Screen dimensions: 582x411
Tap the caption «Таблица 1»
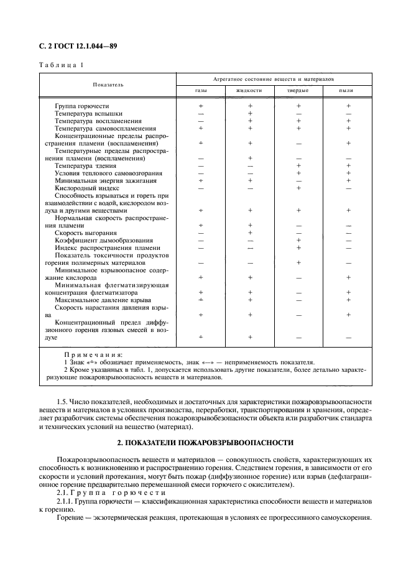tap(62, 65)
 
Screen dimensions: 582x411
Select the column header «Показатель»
tap(108, 84)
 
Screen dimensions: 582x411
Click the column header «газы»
tap(201, 90)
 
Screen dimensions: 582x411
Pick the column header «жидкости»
tap(249, 90)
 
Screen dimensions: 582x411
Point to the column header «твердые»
tap(298, 90)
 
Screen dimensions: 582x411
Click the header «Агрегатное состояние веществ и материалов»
tap(274, 80)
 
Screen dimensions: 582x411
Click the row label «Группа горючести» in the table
tap(81, 106)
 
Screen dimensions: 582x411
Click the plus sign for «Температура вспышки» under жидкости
tap(249, 114)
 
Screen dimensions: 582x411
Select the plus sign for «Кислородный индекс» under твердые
tap(298, 188)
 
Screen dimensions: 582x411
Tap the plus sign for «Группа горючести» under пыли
tap(348, 106)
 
